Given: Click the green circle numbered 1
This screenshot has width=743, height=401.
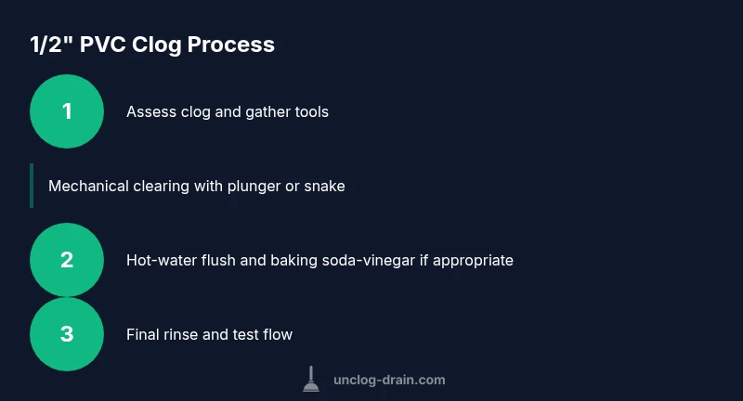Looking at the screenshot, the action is coord(67,111).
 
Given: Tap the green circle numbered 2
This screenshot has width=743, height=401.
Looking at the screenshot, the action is coord(67,260).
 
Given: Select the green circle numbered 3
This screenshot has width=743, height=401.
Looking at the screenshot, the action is coord(67,334).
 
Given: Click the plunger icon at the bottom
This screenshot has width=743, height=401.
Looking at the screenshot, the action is coord(311,380).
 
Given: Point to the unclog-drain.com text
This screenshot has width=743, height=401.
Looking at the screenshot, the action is coord(389,380).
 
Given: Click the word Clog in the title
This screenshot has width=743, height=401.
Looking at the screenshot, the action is coord(156,45).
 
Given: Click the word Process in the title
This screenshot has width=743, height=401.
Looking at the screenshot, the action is coord(230,45).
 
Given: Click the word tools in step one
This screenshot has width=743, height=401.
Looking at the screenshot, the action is coord(311,111).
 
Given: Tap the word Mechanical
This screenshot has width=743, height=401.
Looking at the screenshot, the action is coord(88,186).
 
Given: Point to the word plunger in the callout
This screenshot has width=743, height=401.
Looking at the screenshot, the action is coord(254,187).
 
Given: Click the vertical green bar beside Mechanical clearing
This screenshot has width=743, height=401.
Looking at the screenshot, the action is coord(32,186).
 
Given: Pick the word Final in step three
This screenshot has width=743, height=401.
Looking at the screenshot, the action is coord(143,334).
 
